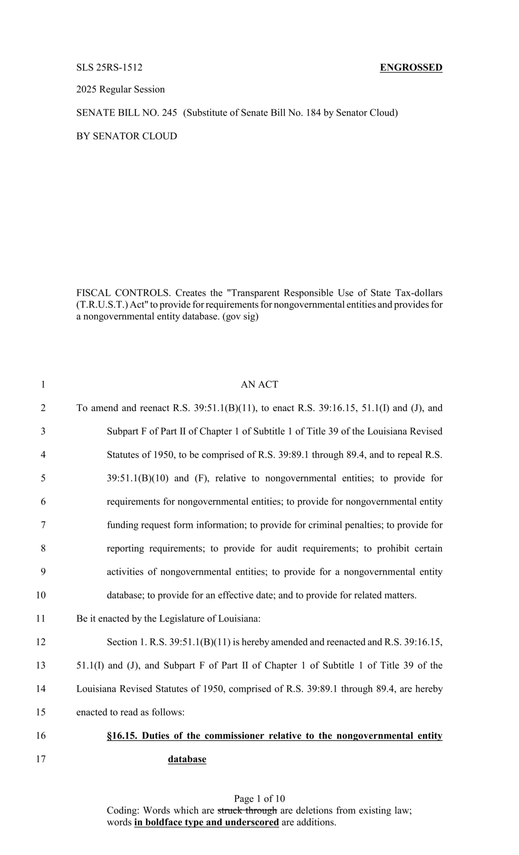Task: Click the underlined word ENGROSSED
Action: point(411,67)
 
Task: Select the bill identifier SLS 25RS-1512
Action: point(109,67)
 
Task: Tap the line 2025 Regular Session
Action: point(120,90)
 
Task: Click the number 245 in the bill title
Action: point(169,113)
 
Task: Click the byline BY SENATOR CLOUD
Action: point(126,136)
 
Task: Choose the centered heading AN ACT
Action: point(259,385)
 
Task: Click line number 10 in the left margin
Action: point(41,595)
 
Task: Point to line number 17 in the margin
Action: point(41,759)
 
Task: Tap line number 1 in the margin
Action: point(43,385)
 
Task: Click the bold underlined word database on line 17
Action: point(187,759)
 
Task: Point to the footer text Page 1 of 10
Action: point(259,799)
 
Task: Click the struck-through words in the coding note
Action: point(247,810)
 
